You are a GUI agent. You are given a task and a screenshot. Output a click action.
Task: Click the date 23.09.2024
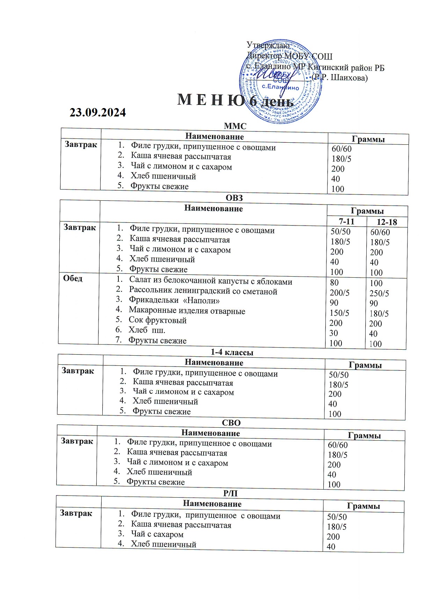coord(98,113)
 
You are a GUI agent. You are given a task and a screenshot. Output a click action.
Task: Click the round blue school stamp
coord(280,83)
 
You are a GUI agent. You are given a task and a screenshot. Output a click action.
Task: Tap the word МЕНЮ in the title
coord(211,101)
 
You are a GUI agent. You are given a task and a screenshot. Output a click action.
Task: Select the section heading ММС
coord(235,126)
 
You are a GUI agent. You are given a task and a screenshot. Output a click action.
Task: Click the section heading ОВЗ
coord(234,198)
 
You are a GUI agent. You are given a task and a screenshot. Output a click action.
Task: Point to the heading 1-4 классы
coord(232,352)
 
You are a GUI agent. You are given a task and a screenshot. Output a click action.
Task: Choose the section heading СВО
coord(232,423)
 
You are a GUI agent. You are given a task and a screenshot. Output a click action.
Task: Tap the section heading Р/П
coord(230,493)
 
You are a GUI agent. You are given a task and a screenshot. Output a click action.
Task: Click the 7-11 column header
coord(346,221)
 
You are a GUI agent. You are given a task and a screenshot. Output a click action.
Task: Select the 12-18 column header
coord(387,222)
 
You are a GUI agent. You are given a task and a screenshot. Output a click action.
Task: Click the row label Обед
coord(73,279)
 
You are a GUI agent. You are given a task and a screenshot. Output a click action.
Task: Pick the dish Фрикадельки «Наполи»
coord(174,300)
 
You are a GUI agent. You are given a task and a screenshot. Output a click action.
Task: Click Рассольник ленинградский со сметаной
coord(203,291)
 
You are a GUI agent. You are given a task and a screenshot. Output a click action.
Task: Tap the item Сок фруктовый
coord(157,320)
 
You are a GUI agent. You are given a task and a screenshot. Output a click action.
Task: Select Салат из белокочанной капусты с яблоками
coord(211,281)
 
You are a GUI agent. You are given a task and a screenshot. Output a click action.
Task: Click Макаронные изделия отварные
coord(187,311)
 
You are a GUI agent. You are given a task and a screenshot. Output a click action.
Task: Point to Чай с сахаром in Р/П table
coord(157,534)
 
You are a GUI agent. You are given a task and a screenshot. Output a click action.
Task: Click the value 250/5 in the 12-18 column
coord(379,293)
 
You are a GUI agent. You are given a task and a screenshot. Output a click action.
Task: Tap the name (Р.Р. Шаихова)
coord(339,78)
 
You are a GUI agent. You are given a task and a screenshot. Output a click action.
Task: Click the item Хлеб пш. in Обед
coord(147,330)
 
